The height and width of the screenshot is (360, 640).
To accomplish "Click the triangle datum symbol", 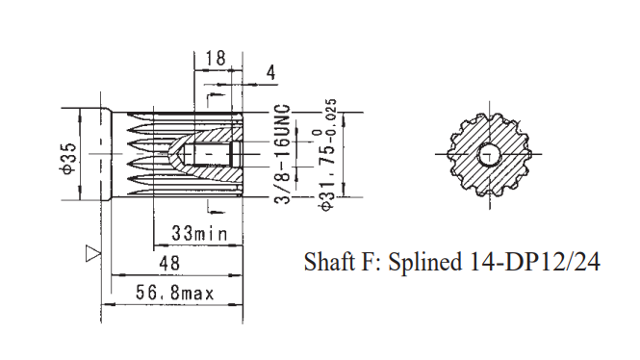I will (x=93, y=253).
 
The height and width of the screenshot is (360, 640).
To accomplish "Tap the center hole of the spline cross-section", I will (x=489, y=154).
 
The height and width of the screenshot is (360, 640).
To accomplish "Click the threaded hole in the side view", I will (x=214, y=154).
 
